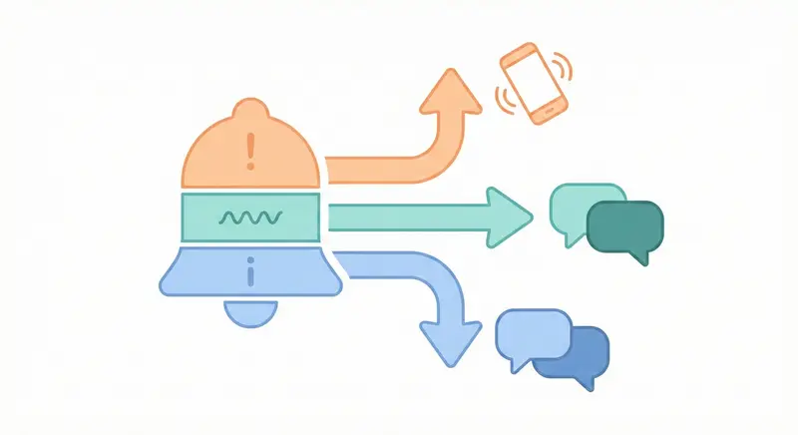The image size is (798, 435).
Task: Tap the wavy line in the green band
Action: point(250,217)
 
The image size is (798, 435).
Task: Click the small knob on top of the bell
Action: point(249,109)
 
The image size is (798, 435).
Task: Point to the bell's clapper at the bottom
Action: point(249,311)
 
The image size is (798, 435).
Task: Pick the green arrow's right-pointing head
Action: point(510,215)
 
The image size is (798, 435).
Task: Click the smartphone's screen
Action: point(531,84)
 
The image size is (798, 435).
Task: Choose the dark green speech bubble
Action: point(626,229)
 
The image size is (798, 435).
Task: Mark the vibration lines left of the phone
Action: point(502,100)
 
